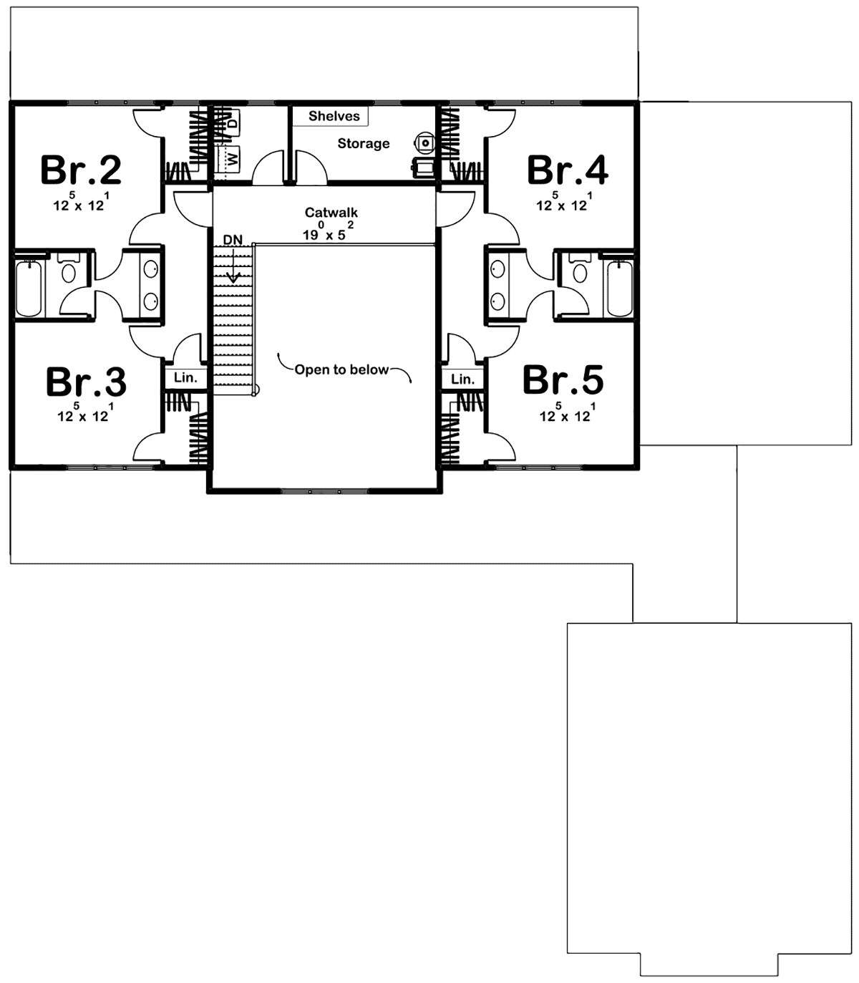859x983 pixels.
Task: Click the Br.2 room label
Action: tap(81, 170)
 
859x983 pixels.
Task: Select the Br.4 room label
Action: tap(568, 170)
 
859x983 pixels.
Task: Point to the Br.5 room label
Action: tap(563, 380)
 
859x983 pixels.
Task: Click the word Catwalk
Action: tap(331, 213)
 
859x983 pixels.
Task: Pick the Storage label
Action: tap(364, 144)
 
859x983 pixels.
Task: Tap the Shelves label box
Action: tap(334, 116)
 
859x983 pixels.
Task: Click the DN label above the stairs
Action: tap(233, 240)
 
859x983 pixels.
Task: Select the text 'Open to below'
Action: tap(341, 369)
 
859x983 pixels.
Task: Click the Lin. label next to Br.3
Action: tap(185, 378)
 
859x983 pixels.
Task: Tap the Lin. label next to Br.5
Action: tap(462, 379)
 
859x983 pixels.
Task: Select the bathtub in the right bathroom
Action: tap(619, 288)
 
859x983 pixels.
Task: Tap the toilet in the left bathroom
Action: tap(69, 270)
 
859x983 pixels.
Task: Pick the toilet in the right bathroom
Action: tap(580, 270)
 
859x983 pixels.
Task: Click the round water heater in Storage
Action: tap(425, 142)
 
